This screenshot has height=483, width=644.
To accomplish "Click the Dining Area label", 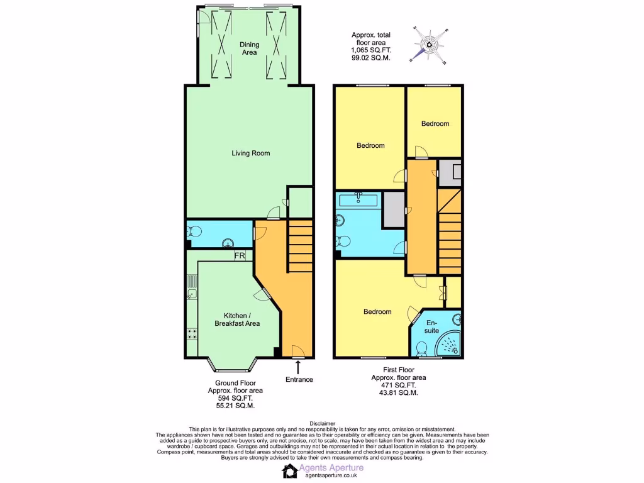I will tap(249, 49).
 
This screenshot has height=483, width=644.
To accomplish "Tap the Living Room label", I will tap(251, 153).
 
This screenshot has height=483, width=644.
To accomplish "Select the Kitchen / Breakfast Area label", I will tap(242, 319).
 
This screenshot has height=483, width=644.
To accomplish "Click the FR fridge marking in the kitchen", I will tap(239, 256).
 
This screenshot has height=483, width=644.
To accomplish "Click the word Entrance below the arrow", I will tap(299, 379).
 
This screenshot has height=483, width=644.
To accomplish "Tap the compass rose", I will tap(429, 45).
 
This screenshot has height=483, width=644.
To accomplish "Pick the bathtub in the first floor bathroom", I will tap(358, 201).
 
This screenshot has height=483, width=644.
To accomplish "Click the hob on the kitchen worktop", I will tap(192, 333).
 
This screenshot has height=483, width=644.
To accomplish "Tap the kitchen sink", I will tap(192, 293).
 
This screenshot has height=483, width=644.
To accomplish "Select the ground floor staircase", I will tap(301, 245).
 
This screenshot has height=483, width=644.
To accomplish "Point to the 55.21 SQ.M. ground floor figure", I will tap(235, 406).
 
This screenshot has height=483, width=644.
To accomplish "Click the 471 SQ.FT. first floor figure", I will tap(399, 385).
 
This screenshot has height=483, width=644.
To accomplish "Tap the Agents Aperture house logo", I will tap(289, 471).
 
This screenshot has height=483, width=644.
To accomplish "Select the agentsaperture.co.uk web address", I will tap(332, 476).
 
